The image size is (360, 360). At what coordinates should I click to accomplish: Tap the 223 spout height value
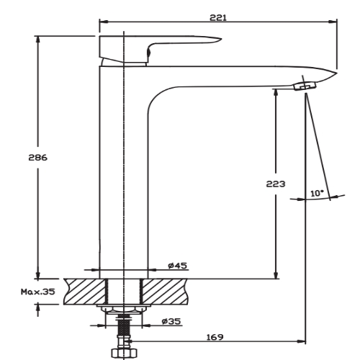coord(275,184)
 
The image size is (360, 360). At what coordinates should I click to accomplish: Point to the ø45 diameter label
coord(177,266)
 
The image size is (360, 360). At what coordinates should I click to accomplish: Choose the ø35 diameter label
coord(171,321)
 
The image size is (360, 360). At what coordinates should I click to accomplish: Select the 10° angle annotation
coord(318,193)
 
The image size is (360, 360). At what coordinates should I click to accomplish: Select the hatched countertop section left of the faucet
coord(84,292)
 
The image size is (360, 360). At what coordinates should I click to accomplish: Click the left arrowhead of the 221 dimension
coord(102,22)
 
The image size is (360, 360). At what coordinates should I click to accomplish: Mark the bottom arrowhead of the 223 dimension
coord(275,275)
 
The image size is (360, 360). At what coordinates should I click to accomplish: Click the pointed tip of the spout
coord(336,71)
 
